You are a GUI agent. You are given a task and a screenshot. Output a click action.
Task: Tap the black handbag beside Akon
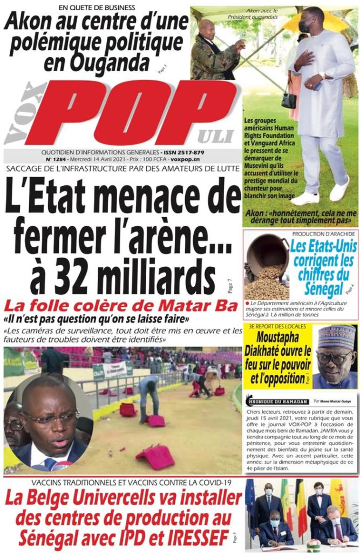coord(289,99)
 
